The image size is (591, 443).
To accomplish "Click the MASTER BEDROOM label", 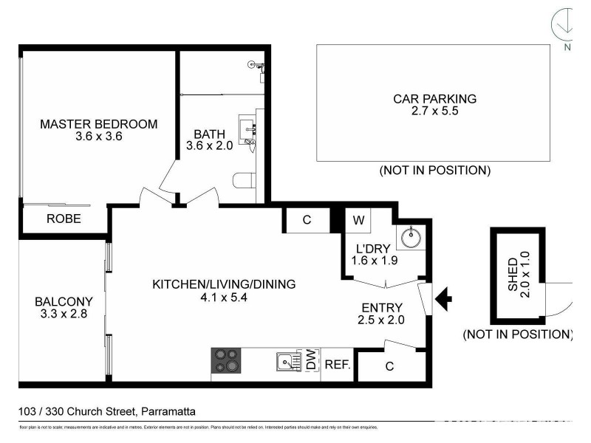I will click(x=98, y=124).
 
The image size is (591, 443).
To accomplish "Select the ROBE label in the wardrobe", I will click(x=64, y=219).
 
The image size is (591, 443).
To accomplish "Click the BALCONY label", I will click(x=64, y=301).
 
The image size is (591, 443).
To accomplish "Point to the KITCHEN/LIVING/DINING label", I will click(x=223, y=284).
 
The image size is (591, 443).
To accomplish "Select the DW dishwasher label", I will click(x=311, y=361).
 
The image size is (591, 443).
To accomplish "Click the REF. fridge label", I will click(x=337, y=365).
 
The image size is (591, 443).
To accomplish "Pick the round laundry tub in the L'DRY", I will click(x=409, y=237).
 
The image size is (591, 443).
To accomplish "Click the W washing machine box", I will click(x=358, y=220).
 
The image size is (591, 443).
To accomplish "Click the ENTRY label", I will click(x=381, y=308).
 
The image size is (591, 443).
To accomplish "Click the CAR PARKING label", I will click(x=434, y=98).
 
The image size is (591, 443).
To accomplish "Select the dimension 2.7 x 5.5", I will click(x=434, y=111).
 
